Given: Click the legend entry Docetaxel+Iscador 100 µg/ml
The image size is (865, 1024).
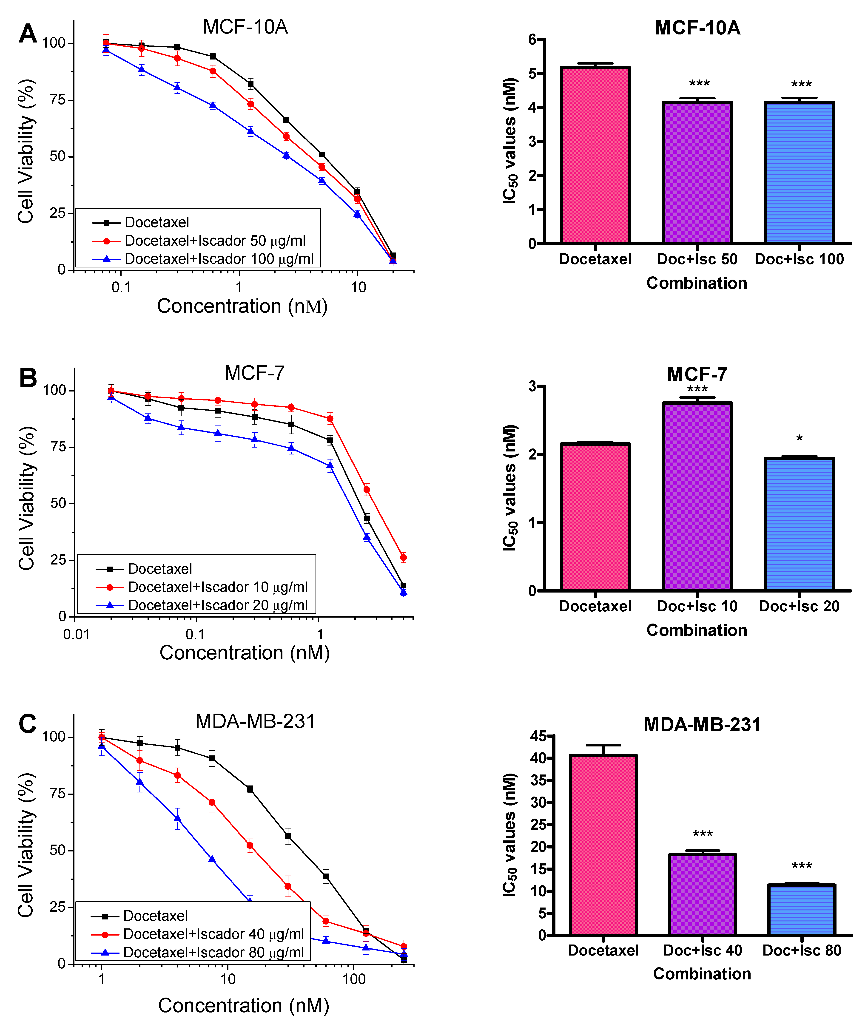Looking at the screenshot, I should (219, 259).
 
